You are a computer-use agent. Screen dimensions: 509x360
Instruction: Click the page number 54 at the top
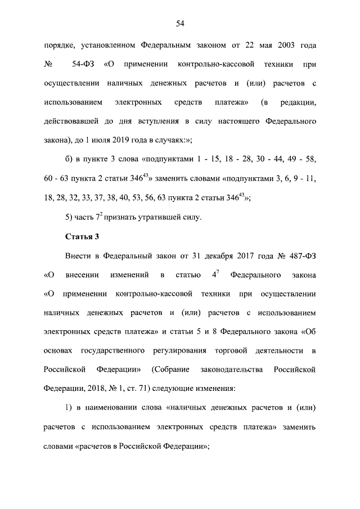180,23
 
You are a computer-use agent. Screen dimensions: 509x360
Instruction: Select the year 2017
259,256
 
